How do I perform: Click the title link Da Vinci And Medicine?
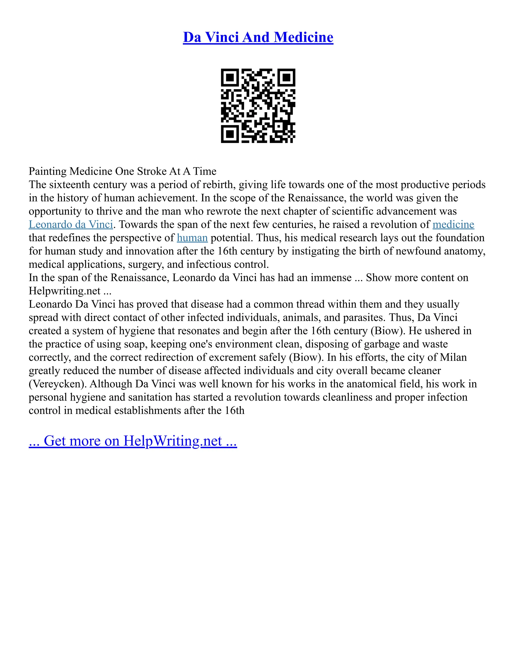point(258,37)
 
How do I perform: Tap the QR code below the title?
point(258,106)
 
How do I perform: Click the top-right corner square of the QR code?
point(286,77)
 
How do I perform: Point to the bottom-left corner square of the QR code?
point(230,134)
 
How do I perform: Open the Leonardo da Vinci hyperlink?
point(71,225)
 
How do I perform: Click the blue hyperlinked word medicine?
point(453,225)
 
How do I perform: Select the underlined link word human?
point(192,238)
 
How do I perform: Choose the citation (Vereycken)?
point(57,384)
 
